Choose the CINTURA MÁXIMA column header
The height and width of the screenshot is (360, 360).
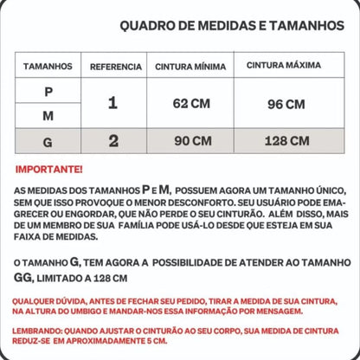(283, 65)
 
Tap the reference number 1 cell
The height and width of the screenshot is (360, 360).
(112, 104)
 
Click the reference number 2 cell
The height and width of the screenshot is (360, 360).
(112, 140)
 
